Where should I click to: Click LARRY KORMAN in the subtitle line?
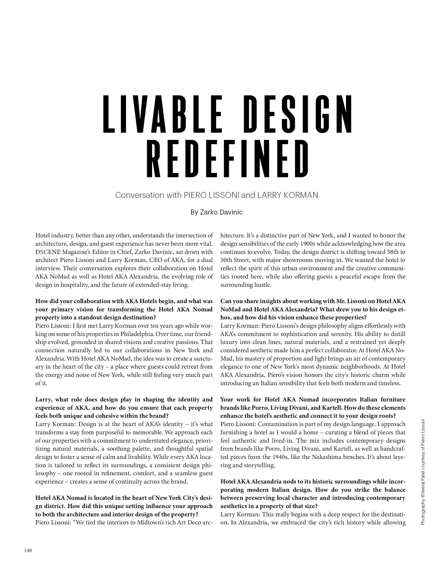tap(287, 195)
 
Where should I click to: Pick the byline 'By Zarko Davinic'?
tap(216, 212)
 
